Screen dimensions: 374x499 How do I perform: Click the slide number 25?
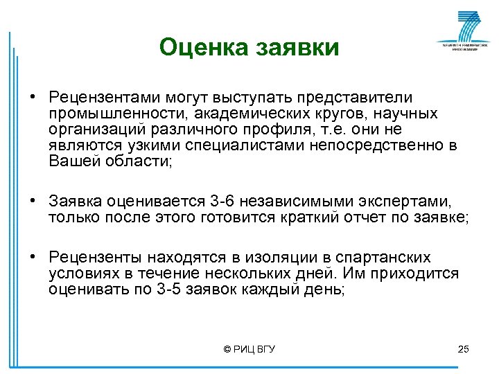(x=464, y=349)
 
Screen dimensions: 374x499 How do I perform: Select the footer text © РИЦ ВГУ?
(x=249, y=349)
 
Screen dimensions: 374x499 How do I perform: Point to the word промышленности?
(x=119, y=114)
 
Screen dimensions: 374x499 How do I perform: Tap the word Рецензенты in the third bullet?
(x=96, y=258)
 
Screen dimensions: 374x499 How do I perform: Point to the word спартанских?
(x=388, y=258)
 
